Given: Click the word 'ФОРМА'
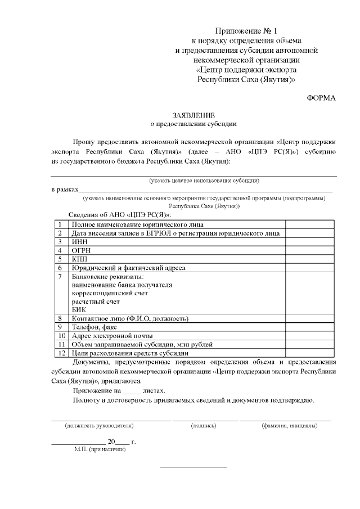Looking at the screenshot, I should click(321, 98).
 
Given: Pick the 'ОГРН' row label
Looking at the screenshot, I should click(81, 250).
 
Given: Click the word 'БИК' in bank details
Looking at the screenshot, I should click(78, 309).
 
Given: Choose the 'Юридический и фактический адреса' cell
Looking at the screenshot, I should click(128, 268).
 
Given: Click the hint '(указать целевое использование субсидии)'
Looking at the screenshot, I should click(204, 181).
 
